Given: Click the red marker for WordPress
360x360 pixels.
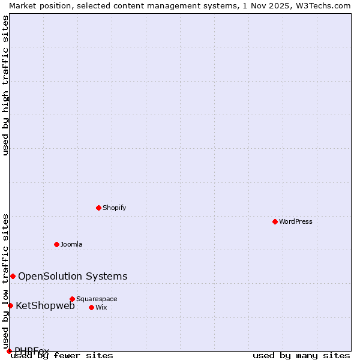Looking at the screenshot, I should pos(275,221).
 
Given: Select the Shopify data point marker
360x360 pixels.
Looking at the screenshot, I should pos(98,208).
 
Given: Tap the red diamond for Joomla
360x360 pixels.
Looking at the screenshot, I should pos(56,244).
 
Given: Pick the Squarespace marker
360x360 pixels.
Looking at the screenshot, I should pos(72,299).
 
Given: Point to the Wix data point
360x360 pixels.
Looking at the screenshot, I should pos(91,307).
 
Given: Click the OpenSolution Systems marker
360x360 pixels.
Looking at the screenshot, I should pos(13,276).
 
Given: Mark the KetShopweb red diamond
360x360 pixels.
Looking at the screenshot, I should pos(10,305).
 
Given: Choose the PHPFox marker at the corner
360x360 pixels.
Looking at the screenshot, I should pos(9,351).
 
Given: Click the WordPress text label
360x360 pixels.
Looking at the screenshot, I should pos(296,221).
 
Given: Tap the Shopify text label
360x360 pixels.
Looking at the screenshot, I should pos(114,208).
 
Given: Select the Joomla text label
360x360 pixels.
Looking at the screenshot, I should pos(71,244).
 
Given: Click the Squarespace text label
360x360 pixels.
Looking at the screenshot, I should pos(97,299).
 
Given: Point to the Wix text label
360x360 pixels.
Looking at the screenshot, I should pos(101,307).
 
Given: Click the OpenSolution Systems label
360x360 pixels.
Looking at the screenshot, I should pos(73,276).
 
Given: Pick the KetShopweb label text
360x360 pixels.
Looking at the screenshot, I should pos(45,305).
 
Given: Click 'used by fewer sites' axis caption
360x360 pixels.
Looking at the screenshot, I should pos(62,356).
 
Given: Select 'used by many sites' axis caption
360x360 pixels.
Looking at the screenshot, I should pos(301,356).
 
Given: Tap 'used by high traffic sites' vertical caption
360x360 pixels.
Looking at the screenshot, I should pos(5,85).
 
